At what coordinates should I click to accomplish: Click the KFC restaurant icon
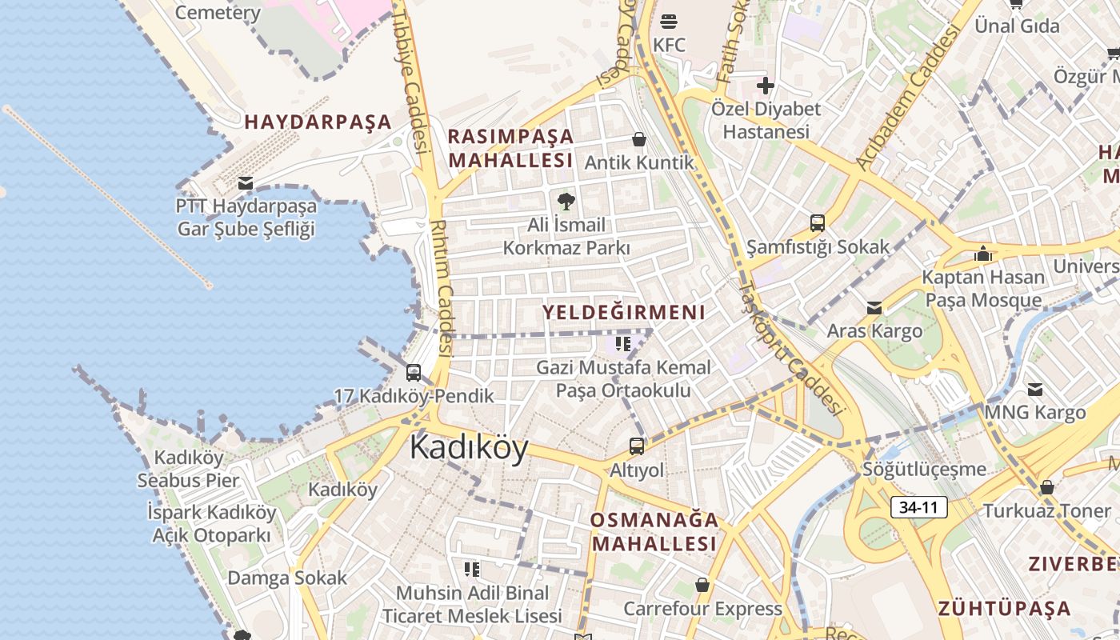(669, 20)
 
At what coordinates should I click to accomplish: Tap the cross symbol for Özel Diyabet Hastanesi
(766, 85)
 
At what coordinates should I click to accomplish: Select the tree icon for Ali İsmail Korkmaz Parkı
(566, 201)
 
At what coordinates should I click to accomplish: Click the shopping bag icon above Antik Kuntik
(639, 139)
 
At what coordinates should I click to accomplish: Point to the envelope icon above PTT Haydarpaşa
(246, 183)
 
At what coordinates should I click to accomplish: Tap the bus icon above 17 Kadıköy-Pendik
(414, 372)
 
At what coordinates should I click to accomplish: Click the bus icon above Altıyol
(637, 446)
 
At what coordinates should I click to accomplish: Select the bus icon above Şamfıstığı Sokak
(818, 223)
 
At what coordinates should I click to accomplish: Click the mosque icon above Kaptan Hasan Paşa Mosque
(983, 254)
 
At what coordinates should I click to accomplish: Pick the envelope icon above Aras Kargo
(874, 308)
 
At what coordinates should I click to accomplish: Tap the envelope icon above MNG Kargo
(1035, 390)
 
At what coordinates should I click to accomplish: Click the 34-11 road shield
(918, 507)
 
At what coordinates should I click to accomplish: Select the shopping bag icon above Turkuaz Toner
(1046, 487)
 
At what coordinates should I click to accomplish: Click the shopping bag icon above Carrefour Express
(702, 585)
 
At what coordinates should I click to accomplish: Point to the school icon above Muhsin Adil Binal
(472, 570)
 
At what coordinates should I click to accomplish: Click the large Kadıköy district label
(469, 448)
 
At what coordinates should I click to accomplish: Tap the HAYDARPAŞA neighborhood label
(318, 122)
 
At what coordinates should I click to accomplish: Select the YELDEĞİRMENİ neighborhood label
(624, 312)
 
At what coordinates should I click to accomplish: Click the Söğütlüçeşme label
(924, 469)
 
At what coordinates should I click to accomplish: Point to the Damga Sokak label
(287, 578)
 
